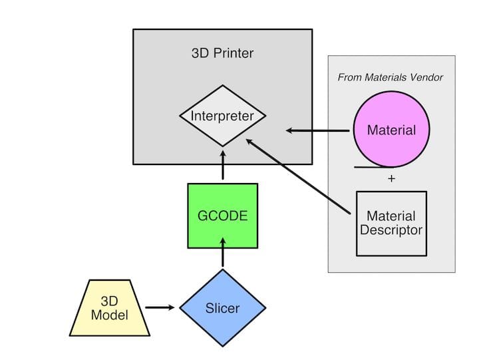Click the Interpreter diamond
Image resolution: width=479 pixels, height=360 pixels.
pos(222,116)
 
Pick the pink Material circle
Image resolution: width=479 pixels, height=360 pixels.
pos(391,129)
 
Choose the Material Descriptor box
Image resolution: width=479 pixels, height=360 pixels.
pos(391,224)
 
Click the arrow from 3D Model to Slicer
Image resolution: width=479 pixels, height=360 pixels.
pos(162,307)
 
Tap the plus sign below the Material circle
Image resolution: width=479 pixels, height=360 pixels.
pos(391,179)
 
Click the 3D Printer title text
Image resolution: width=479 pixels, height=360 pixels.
pos(222,53)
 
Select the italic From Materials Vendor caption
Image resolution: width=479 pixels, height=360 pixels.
pos(391,77)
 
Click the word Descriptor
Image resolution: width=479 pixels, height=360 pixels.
pos(391,231)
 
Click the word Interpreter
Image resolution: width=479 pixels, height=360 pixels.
pos(222,116)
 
